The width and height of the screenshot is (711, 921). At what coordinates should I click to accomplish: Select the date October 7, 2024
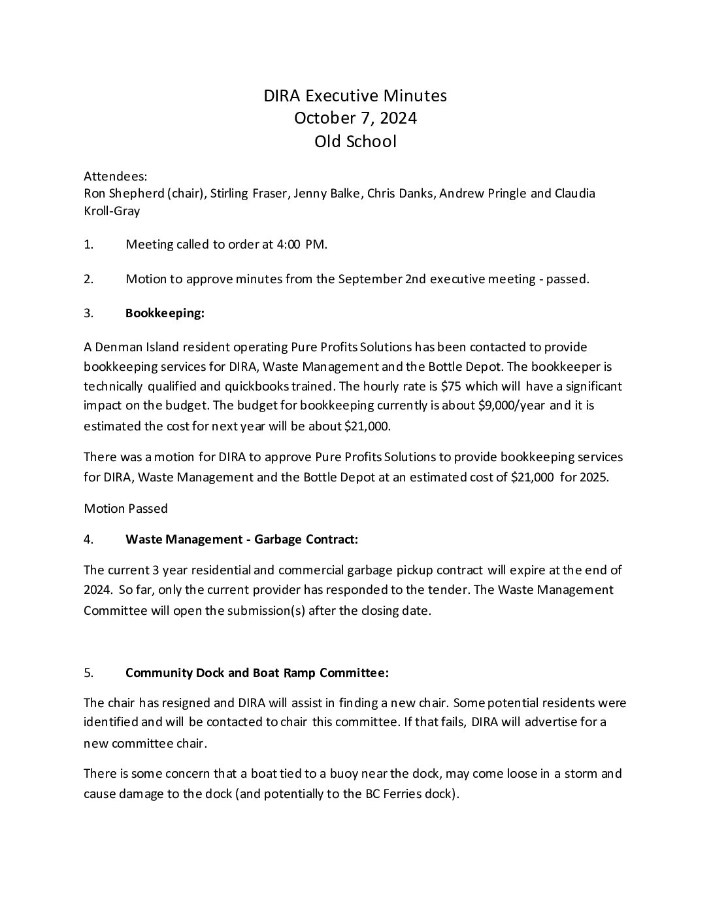point(355,118)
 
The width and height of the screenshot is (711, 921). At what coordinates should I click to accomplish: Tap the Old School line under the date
point(355,141)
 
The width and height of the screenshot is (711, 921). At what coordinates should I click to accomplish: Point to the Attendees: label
point(116,177)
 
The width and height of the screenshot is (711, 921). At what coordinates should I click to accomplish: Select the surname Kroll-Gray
point(112,211)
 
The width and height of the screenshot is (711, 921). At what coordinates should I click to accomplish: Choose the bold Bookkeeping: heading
point(165,313)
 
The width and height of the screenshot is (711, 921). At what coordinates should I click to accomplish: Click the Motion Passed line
point(125,508)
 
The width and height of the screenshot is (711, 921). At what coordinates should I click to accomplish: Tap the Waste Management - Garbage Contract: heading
point(241,540)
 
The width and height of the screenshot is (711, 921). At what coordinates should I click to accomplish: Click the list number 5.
point(88,673)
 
